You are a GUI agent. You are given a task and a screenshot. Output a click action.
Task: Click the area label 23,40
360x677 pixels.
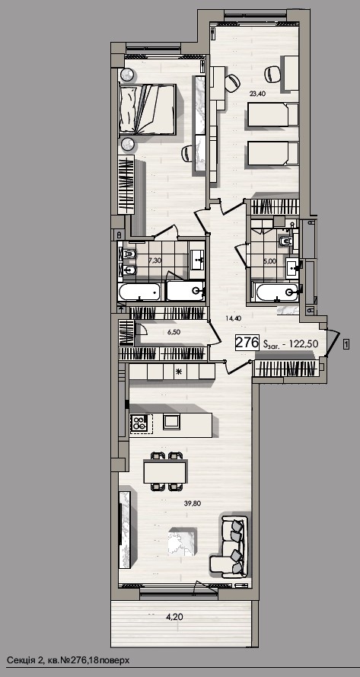(x=257, y=92)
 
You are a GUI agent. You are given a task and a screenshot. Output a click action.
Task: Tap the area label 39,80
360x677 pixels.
(x=191, y=503)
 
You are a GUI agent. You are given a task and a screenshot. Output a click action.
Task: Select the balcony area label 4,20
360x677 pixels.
(x=174, y=617)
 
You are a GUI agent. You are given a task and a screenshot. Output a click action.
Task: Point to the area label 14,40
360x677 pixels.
(x=233, y=318)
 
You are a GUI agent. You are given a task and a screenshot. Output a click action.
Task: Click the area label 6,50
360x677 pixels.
(x=174, y=333)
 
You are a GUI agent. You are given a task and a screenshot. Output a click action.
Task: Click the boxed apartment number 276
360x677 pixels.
(x=247, y=343)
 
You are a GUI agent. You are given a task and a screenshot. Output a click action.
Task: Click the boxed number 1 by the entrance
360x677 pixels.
(x=346, y=343)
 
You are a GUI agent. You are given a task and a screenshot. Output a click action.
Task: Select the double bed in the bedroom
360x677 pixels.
(x=147, y=109)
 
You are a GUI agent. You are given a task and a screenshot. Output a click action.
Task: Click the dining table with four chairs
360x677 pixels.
(x=164, y=471)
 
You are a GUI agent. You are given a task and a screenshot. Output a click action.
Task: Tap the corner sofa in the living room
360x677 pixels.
(x=229, y=546)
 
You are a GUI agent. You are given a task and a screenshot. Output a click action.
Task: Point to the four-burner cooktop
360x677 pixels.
(x=139, y=422)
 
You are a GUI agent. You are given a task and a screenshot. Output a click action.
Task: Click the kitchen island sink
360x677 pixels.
(x=171, y=421)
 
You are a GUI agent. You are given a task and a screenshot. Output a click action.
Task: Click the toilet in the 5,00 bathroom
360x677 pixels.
(x=286, y=241)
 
